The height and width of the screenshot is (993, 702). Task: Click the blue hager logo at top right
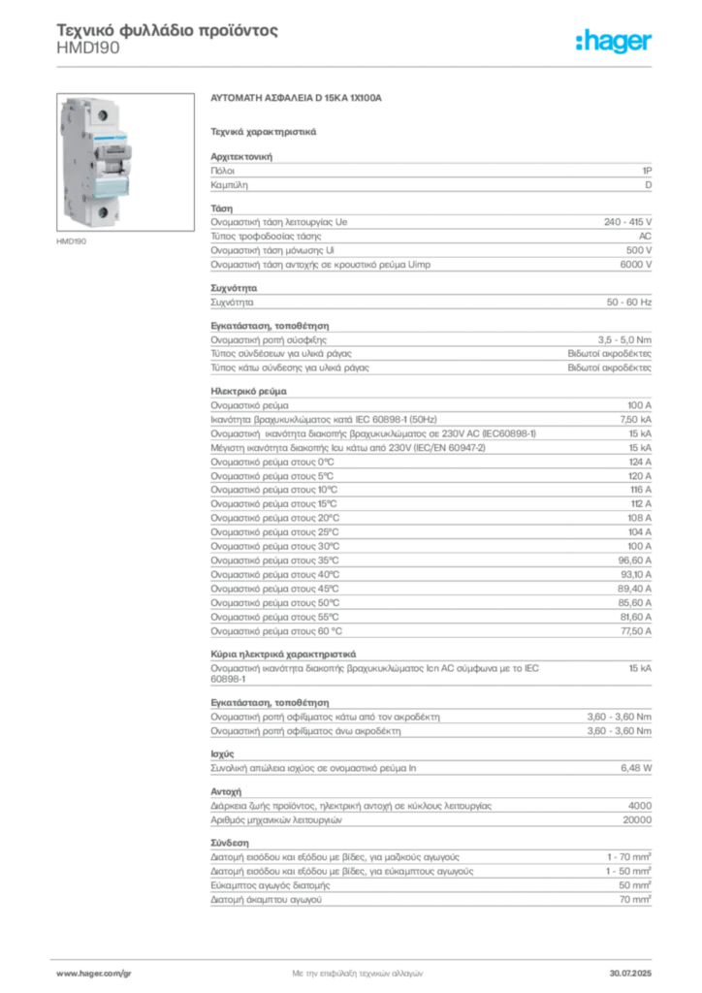click(x=615, y=42)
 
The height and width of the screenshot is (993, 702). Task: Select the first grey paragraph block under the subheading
click(x=431, y=175)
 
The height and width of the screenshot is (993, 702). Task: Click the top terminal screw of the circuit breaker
click(x=97, y=114)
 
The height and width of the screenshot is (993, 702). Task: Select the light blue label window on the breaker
click(x=110, y=182)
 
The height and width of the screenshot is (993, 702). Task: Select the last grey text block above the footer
click(x=431, y=878)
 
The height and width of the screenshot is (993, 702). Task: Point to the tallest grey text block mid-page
click(x=431, y=529)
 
